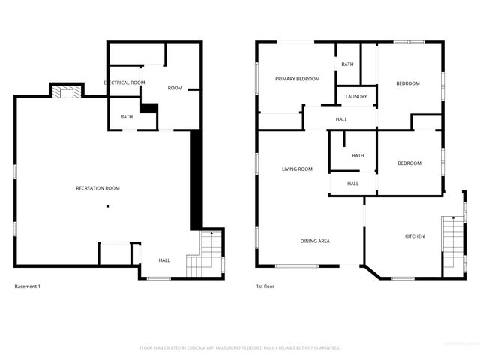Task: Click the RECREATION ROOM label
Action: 97,188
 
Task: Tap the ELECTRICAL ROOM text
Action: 124,82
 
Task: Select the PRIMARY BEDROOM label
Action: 297,79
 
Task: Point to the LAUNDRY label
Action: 356,97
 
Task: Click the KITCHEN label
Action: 415,236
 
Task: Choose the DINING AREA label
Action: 315,241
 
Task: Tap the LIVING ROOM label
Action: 297,169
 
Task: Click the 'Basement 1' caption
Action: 28,286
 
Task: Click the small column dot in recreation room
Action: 107,206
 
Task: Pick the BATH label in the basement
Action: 126,116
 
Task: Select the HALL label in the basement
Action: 164,260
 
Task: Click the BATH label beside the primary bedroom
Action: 347,64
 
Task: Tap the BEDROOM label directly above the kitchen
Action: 409,163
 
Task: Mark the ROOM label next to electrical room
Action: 175,88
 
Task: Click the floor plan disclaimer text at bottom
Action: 240,348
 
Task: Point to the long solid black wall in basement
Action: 196,180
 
